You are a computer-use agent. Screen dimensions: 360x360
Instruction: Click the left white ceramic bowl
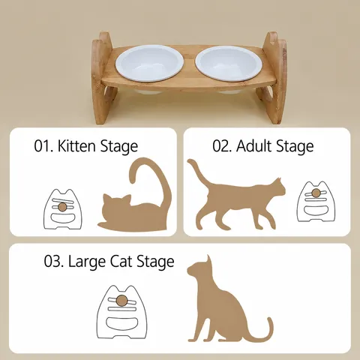[150, 63]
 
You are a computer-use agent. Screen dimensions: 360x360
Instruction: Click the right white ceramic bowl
[229, 64]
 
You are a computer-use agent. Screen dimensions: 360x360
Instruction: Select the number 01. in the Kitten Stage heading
[43, 146]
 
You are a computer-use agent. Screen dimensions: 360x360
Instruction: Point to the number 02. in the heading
[223, 146]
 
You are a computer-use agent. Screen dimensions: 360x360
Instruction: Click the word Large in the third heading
[87, 262]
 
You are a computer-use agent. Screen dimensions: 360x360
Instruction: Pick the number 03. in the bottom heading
[54, 262]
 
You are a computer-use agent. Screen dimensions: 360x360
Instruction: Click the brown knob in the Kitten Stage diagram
[62, 206]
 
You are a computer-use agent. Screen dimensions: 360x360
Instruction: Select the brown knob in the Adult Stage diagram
[316, 193]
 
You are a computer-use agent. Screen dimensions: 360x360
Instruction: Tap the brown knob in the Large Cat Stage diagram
[122, 299]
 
